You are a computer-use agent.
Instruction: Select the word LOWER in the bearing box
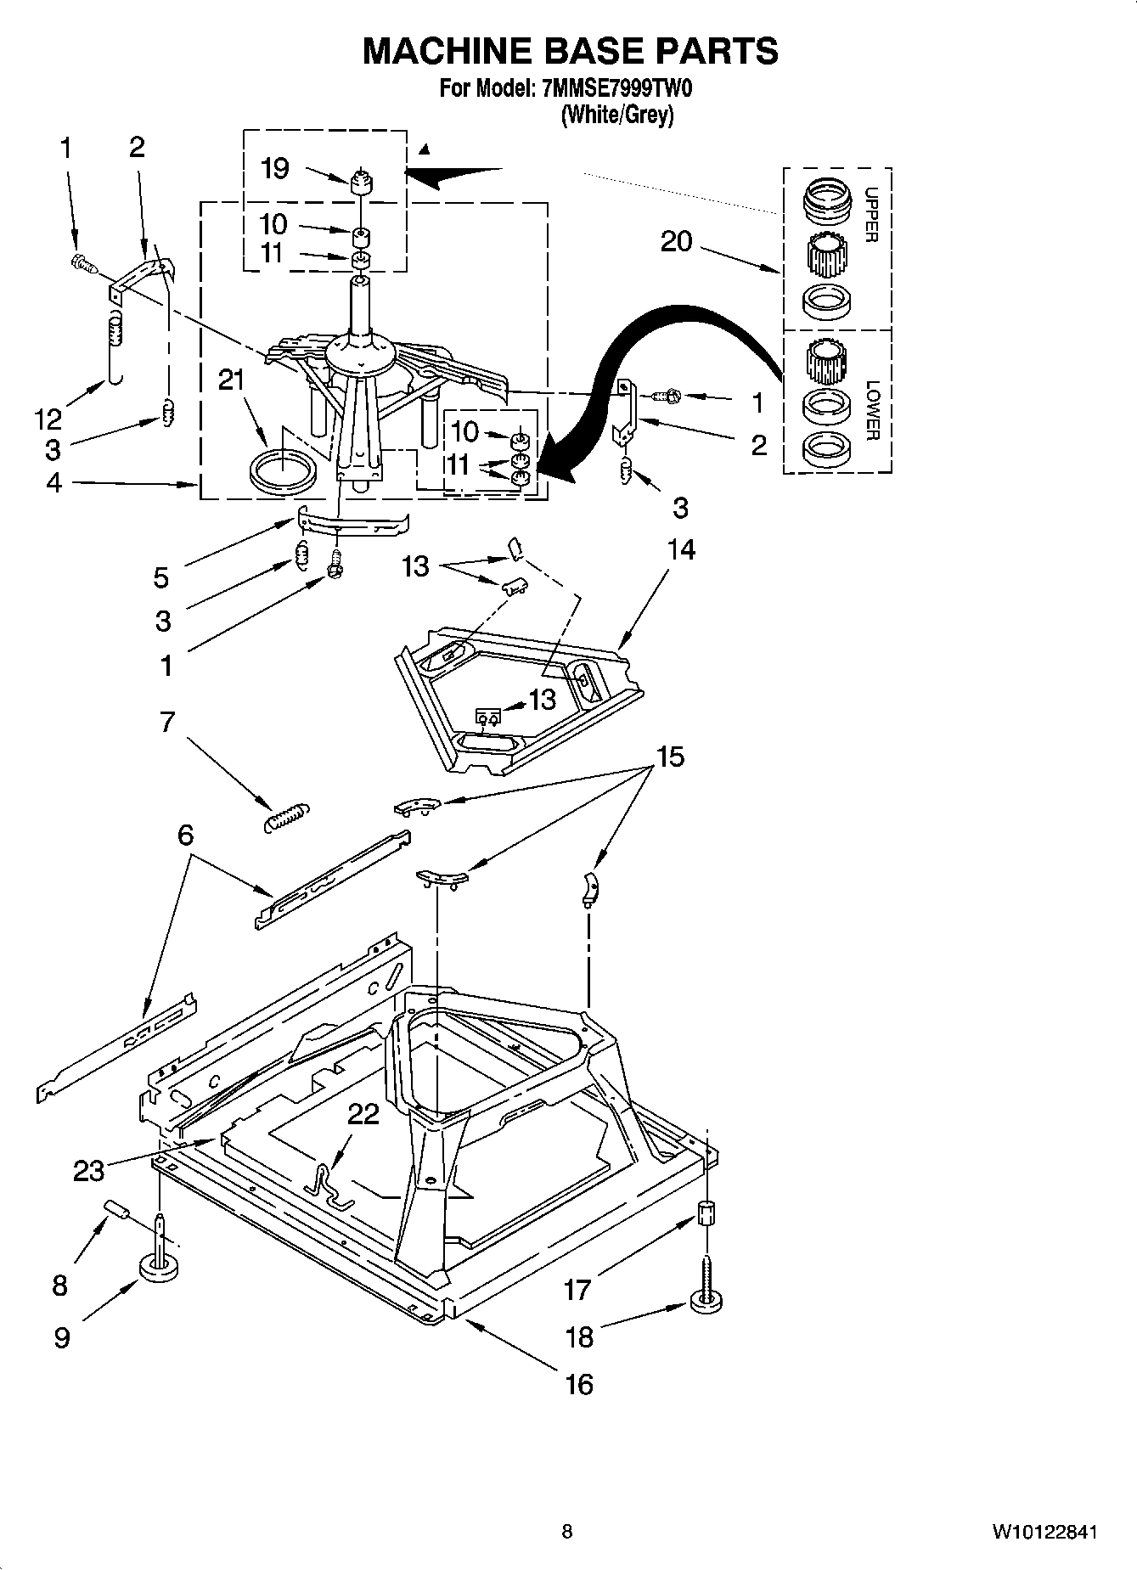coord(872,410)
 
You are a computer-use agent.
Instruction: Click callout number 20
coord(677,243)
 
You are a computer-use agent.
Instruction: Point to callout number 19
coord(274,168)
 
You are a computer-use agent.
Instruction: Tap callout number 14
coord(681,550)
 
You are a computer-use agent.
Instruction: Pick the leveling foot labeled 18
coord(706,1300)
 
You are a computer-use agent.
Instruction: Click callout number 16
coord(579,1385)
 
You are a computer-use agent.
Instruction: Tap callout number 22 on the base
coord(363,1114)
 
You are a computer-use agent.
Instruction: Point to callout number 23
coord(88,1170)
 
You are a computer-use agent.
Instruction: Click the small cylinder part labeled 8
coord(115,1209)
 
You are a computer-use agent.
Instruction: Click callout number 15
coord(670,757)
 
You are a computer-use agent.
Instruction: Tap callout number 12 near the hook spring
coord(48,418)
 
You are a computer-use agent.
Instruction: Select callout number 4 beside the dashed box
coord(53,483)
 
